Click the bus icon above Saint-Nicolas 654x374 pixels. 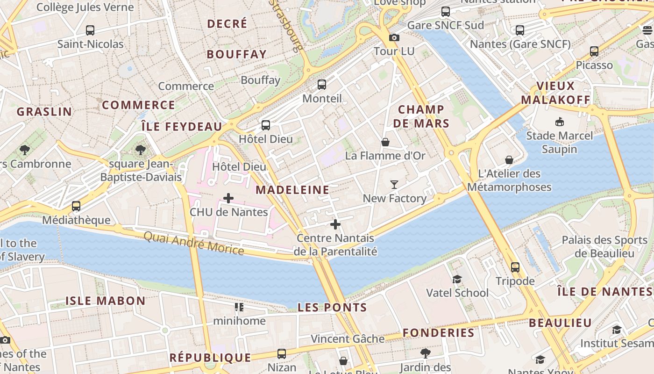pos(90,31)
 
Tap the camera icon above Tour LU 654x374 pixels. pos(394,37)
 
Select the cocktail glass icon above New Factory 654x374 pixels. pos(394,185)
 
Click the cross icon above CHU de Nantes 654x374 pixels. pos(228,198)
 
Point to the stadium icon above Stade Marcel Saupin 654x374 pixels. pos(559,122)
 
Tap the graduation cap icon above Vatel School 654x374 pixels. pos(457,280)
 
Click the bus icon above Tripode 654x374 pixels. pos(515,267)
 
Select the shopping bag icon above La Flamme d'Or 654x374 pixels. pos(385,142)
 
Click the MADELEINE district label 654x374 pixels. pos(292,190)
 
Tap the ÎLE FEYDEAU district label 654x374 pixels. pos(182,127)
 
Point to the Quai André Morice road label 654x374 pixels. pos(193,244)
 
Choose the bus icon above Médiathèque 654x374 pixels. pos(76,206)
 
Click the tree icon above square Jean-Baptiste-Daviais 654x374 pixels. pos(140,150)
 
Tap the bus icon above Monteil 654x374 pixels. pos(322,85)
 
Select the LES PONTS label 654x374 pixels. pos(332,308)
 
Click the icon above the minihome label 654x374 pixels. pos(239,307)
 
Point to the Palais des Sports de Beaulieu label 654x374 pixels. pos(604,246)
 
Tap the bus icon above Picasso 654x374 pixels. pos(594,51)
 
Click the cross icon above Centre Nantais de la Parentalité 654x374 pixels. pos(335,225)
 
